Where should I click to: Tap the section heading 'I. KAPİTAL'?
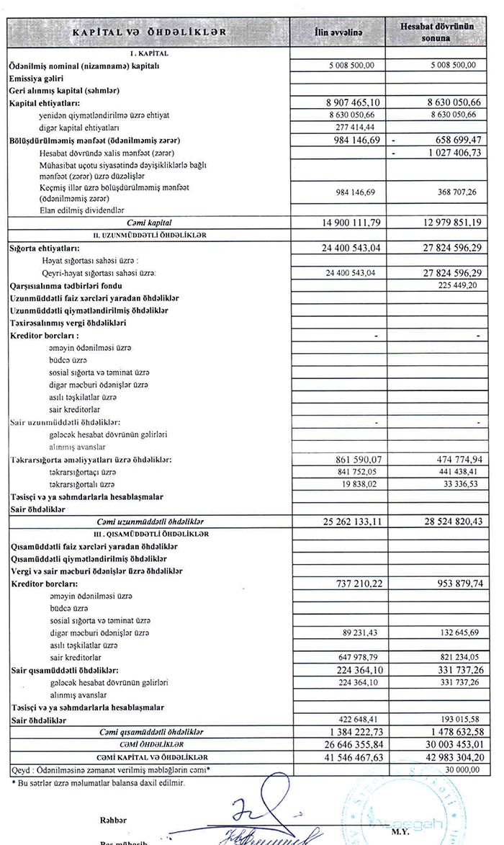148,53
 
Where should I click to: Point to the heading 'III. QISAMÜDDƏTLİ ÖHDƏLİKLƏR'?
148,534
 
